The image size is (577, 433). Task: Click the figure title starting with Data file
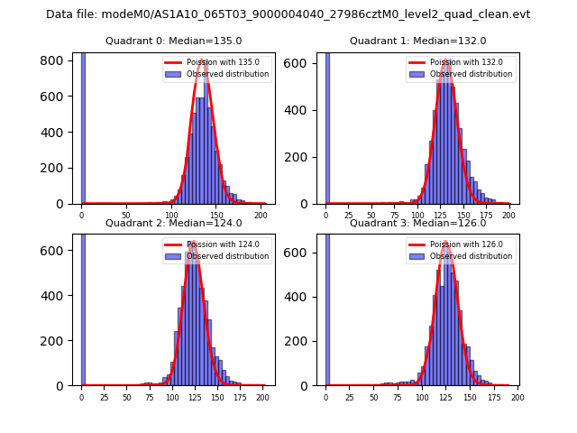click(x=288, y=14)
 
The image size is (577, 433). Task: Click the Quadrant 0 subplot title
click(x=173, y=41)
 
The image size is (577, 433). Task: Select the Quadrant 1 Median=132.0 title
click(x=417, y=41)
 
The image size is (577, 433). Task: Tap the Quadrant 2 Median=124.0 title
click(x=173, y=223)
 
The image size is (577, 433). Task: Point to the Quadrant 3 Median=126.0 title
click(x=417, y=223)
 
